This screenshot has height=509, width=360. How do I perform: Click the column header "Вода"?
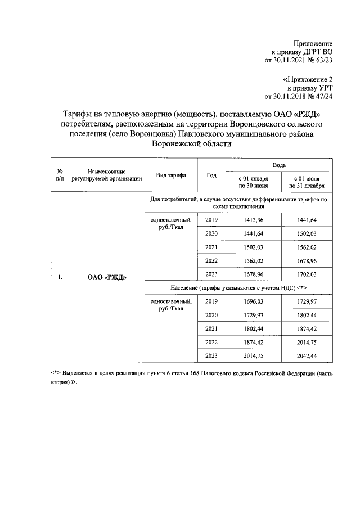(x=278, y=166)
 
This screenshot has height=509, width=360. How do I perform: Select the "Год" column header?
(x=211, y=175)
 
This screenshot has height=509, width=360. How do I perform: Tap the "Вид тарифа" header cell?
(x=172, y=175)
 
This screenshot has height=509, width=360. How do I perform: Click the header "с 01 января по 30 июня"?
(x=253, y=181)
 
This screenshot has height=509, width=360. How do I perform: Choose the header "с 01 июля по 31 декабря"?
(x=307, y=181)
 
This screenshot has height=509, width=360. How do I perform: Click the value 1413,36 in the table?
(x=253, y=219)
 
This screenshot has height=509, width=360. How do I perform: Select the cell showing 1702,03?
(x=307, y=274)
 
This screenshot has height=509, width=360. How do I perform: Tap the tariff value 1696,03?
(x=253, y=301)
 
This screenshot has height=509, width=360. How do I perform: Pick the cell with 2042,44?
(x=307, y=356)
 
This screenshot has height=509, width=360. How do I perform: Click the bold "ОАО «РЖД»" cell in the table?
(x=107, y=277)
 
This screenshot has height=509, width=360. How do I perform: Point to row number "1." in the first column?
(x=59, y=277)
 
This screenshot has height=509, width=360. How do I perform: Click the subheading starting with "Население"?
(x=238, y=287)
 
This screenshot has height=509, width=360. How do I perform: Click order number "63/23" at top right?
(x=323, y=61)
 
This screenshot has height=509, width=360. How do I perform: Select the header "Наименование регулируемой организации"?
(x=107, y=175)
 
